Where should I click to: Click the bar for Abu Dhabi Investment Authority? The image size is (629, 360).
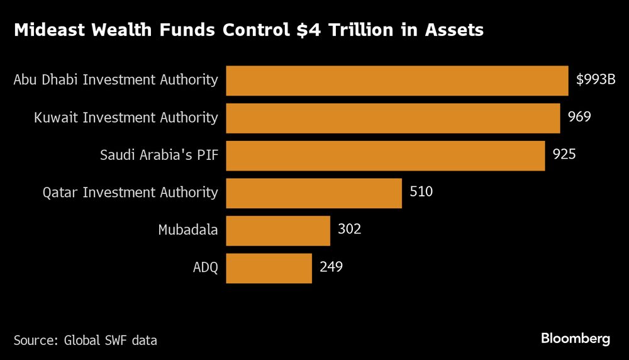point(397,80)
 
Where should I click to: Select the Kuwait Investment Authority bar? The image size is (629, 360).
point(392,118)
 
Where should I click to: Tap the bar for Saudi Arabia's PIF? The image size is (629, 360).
point(385,155)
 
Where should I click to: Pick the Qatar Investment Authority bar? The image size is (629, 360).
point(313,193)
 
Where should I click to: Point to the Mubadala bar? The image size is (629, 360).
point(277,230)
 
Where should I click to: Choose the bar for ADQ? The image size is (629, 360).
point(269,268)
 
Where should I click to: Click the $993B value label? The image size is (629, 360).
point(596,80)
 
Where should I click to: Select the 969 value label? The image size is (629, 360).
point(579,117)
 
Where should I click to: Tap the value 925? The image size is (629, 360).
point(564,154)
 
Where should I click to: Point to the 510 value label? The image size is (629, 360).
point(421,192)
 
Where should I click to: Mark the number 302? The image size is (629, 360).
point(349,230)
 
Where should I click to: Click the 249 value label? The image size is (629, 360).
point(331,267)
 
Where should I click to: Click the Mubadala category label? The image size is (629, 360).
point(187,230)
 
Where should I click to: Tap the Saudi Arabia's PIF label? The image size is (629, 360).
point(159,155)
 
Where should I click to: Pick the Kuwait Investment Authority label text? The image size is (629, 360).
point(127,118)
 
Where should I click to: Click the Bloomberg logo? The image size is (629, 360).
point(575,339)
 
